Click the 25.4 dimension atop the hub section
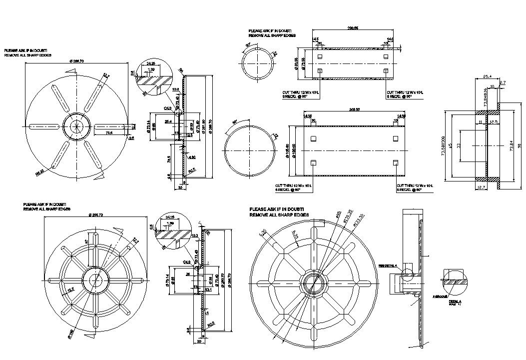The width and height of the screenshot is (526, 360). pyautogui.click(x=474, y=77)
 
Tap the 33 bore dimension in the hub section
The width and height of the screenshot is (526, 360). pyautogui.click(x=458, y=145)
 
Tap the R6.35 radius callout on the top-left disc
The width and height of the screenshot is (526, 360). pyautogui.click(x=39, y=172)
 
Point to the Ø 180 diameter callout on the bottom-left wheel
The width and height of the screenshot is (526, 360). pyautogui.click(x=71, y=333)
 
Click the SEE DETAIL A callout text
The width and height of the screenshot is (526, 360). pyautogui.click(x=388, y=265)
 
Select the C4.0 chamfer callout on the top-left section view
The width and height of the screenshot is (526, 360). pyautogui.click(x=167, y=108)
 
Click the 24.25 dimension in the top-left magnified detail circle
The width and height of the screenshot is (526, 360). pyautogui.click(x=150, y=63)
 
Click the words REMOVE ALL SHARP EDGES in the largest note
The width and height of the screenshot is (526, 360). pyautogui.click(x=279, y=214)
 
